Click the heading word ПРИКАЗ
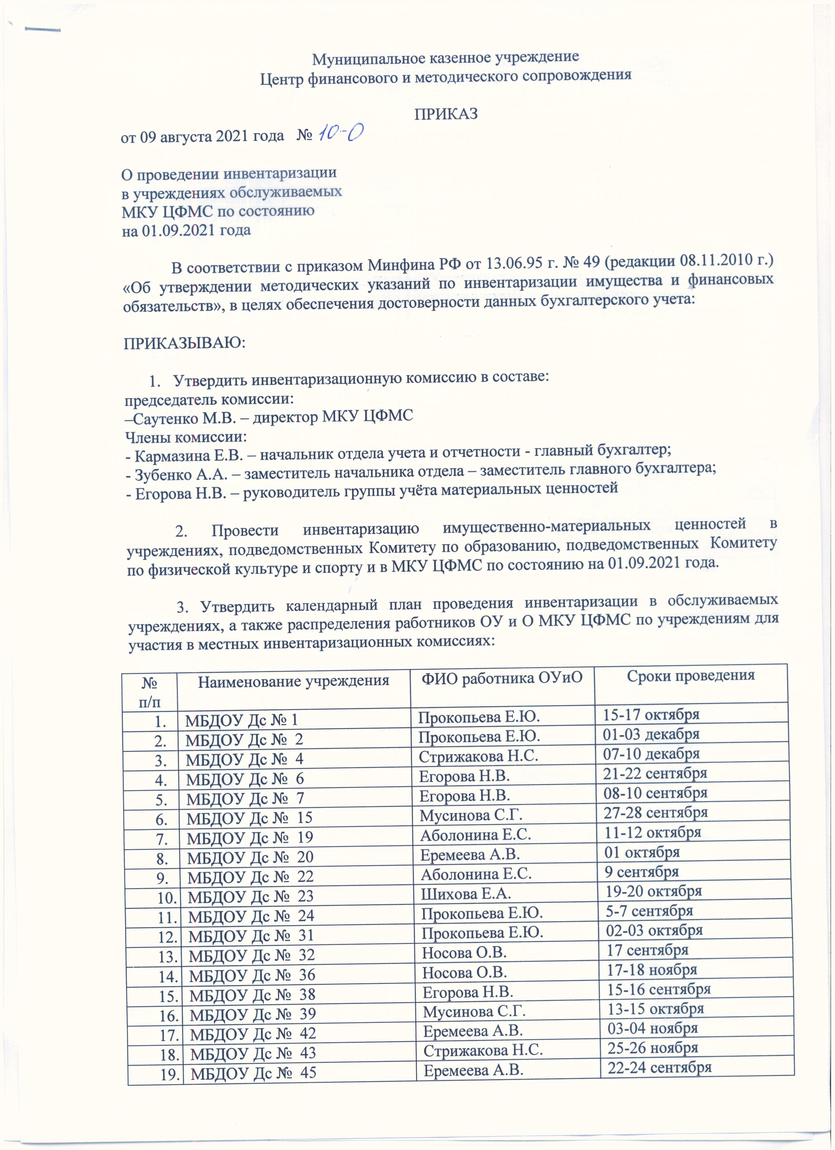[446, 114]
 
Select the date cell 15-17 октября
[651, 715]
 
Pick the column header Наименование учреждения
[293, 680]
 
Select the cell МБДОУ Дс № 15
[249, 817]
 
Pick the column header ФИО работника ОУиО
[502, 678]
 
